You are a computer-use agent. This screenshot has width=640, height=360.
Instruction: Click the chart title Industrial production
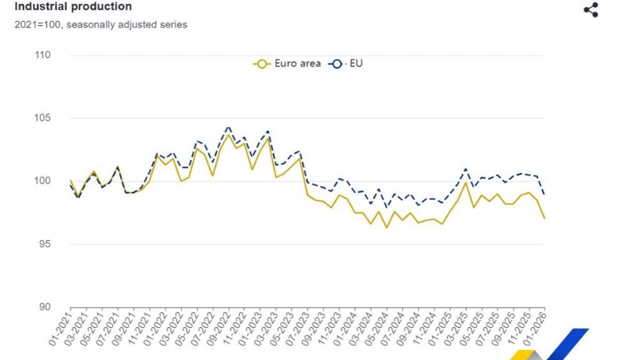(73, 7)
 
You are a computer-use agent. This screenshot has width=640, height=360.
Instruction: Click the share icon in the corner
(591, 10)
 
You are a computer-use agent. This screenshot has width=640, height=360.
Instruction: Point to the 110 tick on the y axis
(42, 55)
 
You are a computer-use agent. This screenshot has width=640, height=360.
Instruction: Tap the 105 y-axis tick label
(42, 118)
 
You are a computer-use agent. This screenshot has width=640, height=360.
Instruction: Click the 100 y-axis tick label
(42, 181)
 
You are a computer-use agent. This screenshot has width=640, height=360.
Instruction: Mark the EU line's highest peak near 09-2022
(228, 127)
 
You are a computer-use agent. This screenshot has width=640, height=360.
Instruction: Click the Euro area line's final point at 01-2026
(544, 218)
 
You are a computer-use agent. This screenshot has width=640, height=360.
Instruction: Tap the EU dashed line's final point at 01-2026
(544, 194)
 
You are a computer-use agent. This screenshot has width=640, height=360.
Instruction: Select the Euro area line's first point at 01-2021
(70, 181)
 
